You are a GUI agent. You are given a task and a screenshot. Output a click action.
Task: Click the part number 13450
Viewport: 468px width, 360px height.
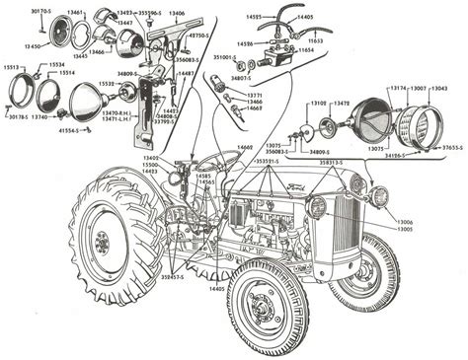[32, 45]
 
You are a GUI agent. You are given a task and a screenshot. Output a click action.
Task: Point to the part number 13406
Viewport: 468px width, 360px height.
[176, 14]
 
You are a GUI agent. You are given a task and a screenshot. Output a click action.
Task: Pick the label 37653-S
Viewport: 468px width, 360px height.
[451, 148]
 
